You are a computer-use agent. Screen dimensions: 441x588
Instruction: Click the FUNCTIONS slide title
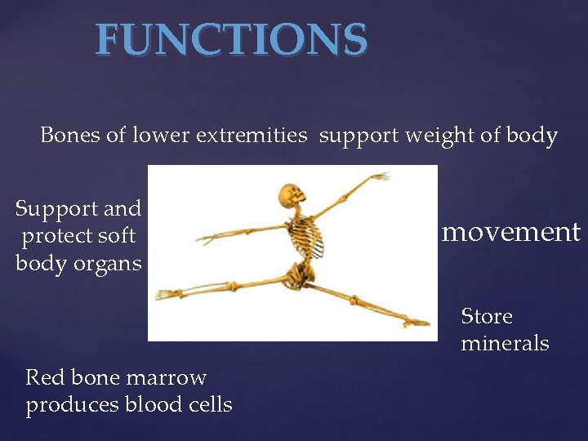click(x=231, y=40)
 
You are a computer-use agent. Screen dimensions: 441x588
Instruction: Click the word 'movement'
click(x=510, y=233)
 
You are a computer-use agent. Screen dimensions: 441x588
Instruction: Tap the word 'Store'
click(x=487, y=316)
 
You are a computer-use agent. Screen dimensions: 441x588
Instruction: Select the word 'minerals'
click(x=505, y=343)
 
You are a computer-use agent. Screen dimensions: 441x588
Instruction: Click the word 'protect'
click(x=56, y=236)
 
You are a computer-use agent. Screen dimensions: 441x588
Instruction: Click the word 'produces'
click(x=72, y=404)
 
